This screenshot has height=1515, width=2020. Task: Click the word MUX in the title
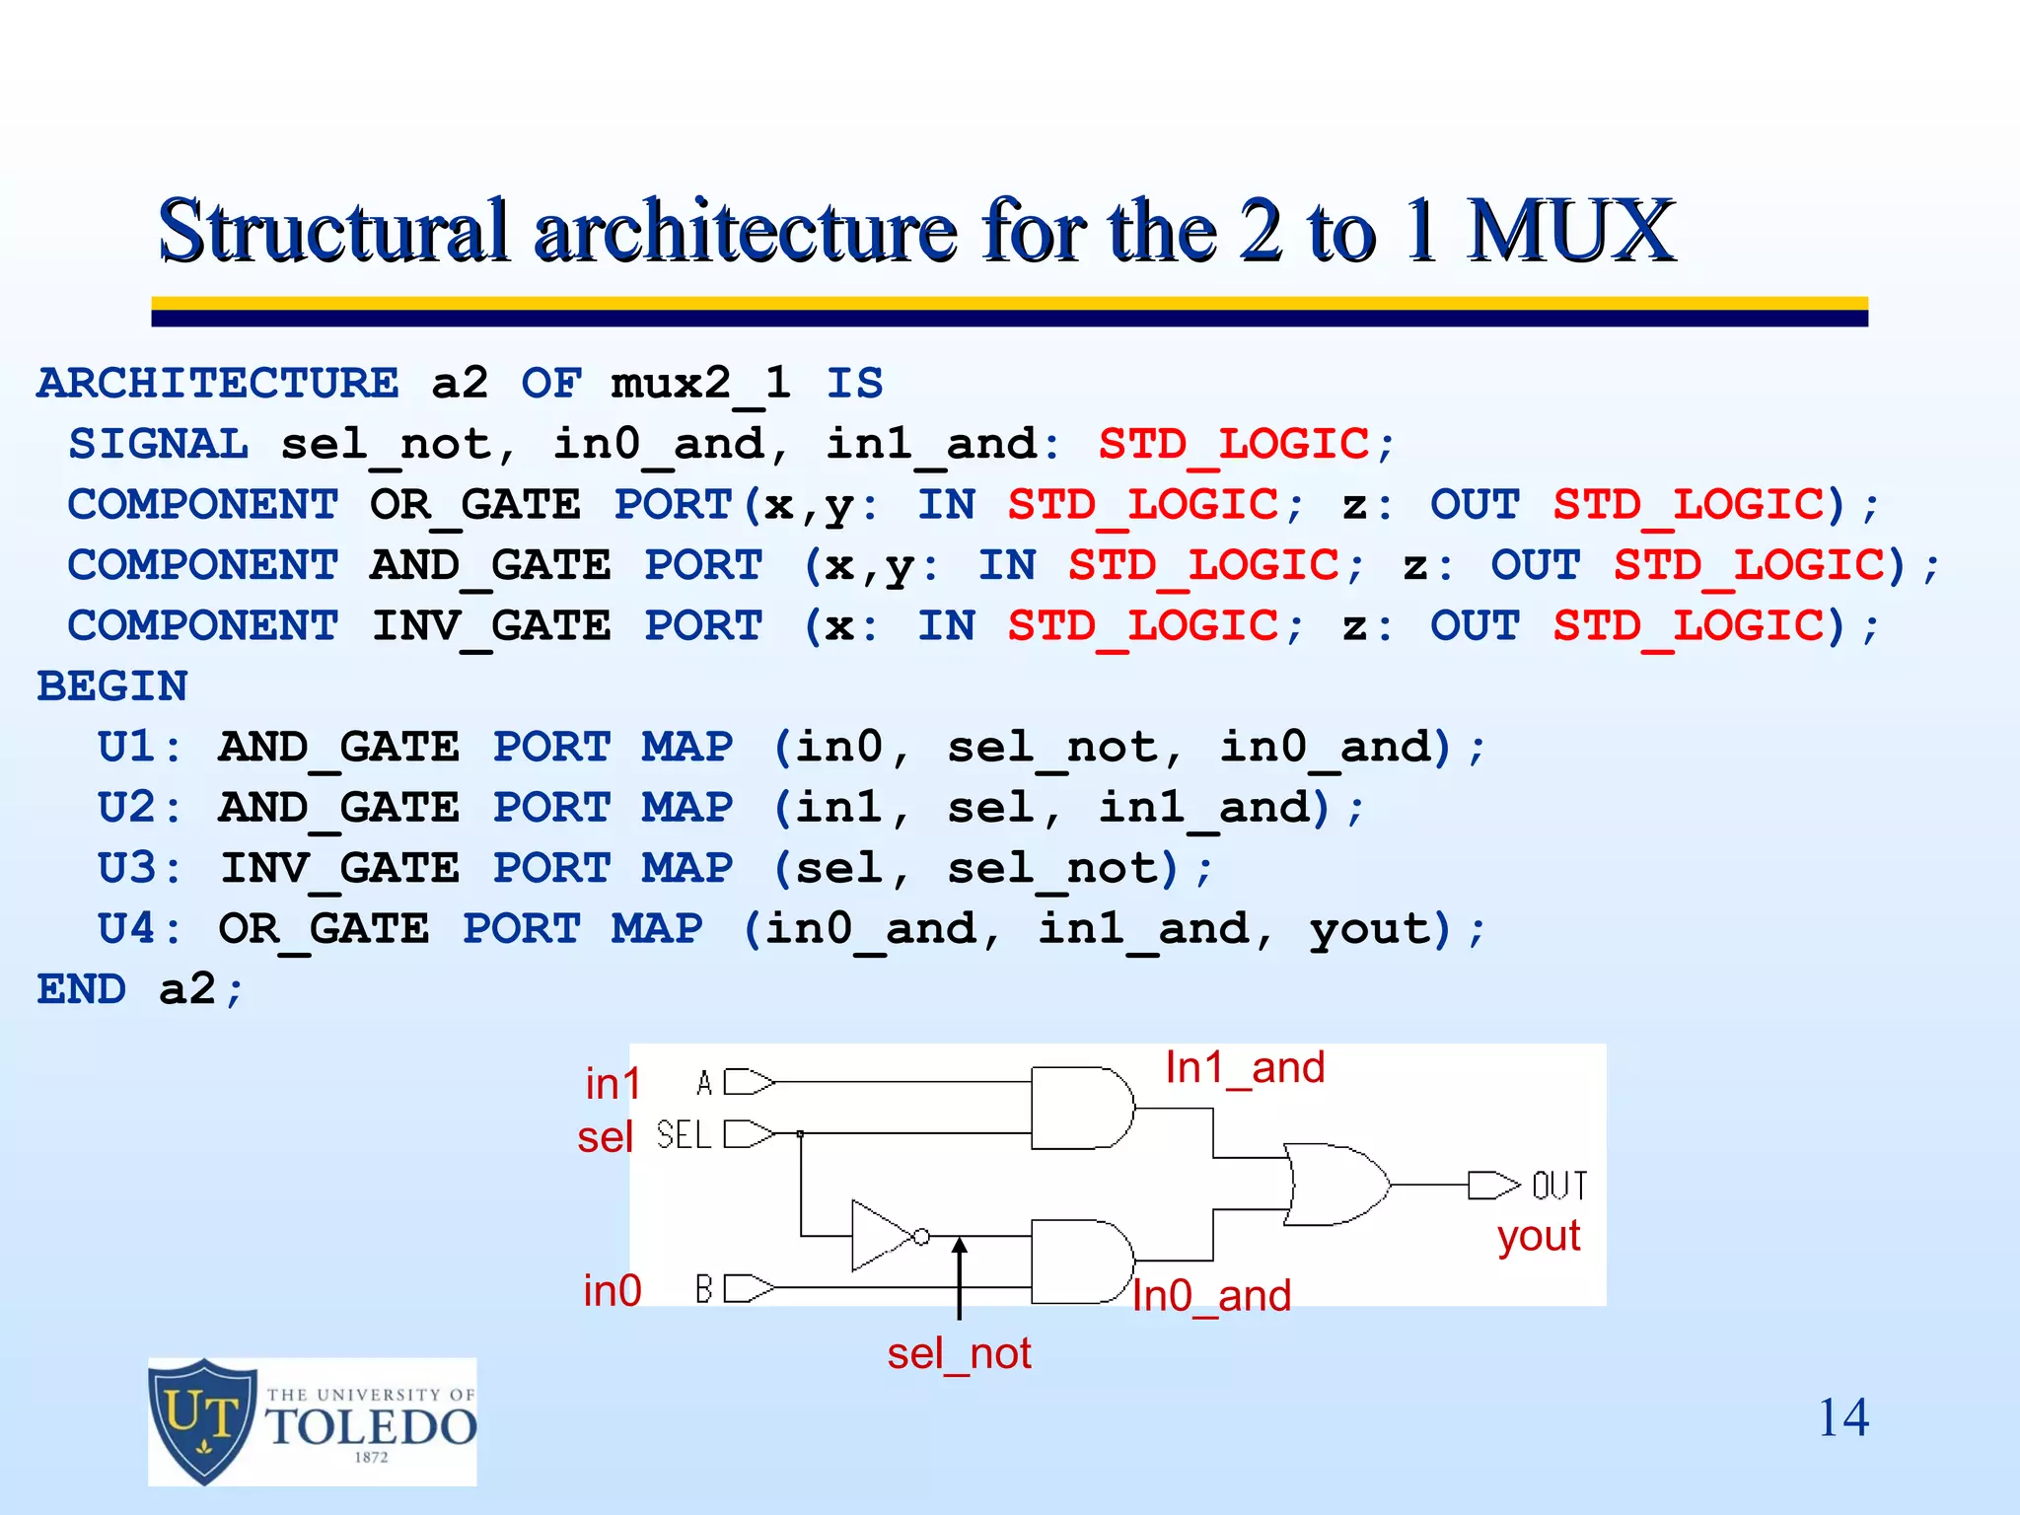(x=1570, y=231)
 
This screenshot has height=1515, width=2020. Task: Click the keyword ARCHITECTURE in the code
(x=218, y=383)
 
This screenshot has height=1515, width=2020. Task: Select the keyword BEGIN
(x=112, y=686)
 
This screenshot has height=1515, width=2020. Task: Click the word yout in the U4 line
(x=1369, y=930)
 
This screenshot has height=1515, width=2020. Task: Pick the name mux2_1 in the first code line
(x=700, y=383)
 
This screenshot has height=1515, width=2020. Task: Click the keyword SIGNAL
(x=158, y=444)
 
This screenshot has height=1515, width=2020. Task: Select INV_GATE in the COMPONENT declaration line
(x=490, y=626)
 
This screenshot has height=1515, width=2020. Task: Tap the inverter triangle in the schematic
(x=882, y=1235)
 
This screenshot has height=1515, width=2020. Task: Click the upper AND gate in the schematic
(x=1080, y=1108)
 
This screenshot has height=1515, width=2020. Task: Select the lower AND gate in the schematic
(x=1080, y=1262)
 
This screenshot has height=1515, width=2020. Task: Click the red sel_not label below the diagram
(x=959, y=1354)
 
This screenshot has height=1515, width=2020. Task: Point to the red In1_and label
(x=1245, y=1068)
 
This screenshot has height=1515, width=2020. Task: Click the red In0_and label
(x=1211, y=1296)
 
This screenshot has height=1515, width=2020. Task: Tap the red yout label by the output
(x=1539, y=1236)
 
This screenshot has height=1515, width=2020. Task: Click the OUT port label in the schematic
(x=1559, y=1185)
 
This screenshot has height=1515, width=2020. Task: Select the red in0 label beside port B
(x=613, y=1291)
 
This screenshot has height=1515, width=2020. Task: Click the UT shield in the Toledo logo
(x=203, y=1420)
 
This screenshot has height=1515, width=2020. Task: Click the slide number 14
(x=1842, y=1418)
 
